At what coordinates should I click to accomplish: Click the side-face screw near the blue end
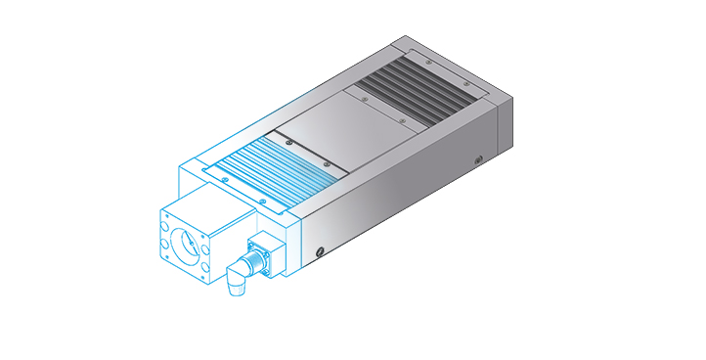(321, 251)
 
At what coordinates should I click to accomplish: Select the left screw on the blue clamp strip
(224, 179)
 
